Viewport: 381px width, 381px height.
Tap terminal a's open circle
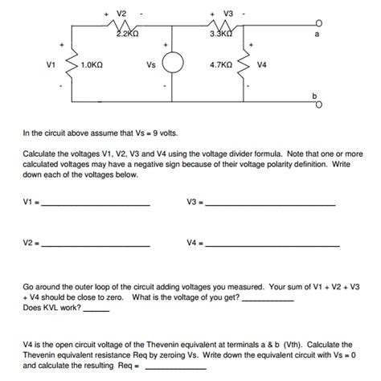click(x=318, y=23)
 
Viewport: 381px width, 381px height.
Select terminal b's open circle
click(x=318, y=103)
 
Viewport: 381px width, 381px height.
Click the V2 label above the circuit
click(x=121, y=14)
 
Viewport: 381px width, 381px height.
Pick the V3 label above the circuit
click(x=228, y=14)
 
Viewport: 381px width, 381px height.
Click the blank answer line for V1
click(x=94, y=207)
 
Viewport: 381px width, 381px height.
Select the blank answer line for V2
click(x=94, y=244)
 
